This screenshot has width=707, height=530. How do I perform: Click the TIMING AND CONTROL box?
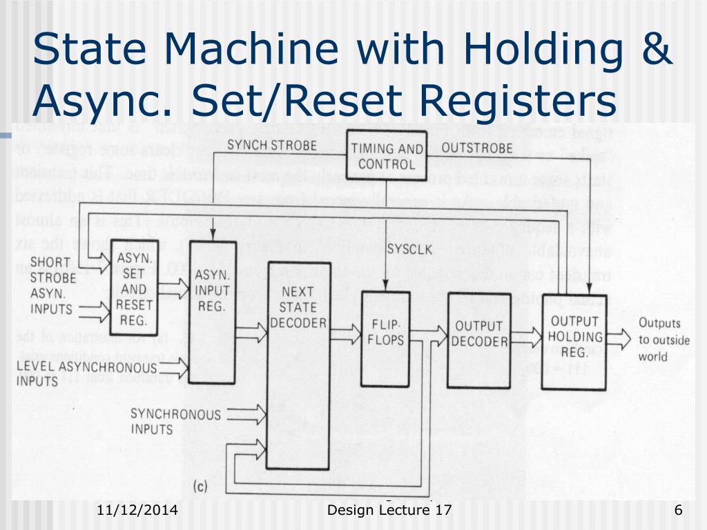point(389,157)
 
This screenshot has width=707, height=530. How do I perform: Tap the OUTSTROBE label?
point(477,148)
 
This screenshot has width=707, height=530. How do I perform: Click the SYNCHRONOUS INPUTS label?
point(175,421)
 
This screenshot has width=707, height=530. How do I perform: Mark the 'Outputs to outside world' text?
point(660,340)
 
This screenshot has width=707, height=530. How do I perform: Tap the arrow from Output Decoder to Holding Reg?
point(527,337)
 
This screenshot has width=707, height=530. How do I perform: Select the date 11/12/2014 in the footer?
point(137,511)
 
